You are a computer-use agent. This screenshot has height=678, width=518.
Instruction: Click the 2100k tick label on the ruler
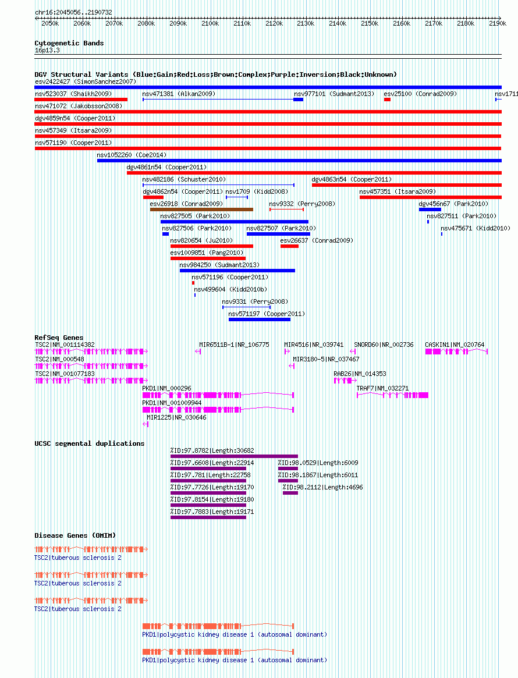coord(210,23)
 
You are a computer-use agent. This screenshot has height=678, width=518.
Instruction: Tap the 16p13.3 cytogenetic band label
coord(47,50)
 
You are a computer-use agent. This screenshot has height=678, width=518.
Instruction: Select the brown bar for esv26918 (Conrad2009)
coord(201,210)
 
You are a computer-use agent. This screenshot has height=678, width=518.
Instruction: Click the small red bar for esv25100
coord(387,100)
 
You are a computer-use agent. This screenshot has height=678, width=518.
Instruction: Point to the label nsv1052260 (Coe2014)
coord(132,155)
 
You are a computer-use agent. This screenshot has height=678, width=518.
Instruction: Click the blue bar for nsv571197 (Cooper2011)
coord(260,320)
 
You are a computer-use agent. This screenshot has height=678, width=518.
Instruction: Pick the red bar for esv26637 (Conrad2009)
coord(289,247)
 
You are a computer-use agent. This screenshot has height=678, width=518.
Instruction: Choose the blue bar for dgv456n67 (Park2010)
coord(430,210)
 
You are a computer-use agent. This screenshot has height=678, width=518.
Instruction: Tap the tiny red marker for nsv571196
coord(193,283)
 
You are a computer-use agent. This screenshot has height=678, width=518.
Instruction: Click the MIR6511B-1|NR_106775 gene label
coord(234,345)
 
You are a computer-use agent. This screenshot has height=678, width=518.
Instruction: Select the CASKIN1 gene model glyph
coord(456,352)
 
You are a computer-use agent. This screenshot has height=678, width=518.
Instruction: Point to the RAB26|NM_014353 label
coord(360,374)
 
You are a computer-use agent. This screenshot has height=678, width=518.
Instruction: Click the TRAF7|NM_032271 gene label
coord(382,388)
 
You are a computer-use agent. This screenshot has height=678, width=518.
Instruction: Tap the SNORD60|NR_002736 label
coord(384,345)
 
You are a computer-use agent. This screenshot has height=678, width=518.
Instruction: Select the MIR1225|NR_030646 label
coord(176,417)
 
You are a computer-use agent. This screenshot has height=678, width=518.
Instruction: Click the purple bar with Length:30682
coord(234,456)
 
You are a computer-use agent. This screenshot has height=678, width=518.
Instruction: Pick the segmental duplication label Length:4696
coord(322,487)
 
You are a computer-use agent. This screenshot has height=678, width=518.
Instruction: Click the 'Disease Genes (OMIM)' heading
coord(75,535)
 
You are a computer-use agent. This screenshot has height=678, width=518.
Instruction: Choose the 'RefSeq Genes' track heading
coord(59,338)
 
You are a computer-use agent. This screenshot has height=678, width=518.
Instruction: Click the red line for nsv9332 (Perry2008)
coord(286,210)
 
